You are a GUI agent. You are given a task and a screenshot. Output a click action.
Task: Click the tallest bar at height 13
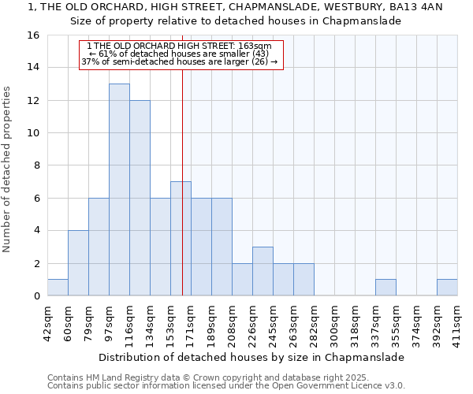click(x=119, y=189)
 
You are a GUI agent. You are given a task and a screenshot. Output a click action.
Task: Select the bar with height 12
click(x=140, y=198)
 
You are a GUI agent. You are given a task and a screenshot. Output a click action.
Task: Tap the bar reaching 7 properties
click(x=181, y=239)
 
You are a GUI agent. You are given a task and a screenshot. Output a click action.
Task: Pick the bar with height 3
click(x=263, y=271)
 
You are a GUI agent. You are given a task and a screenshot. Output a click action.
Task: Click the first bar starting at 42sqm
click(x=58, y=288)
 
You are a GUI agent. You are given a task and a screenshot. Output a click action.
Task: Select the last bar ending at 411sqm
click(x=447, y=288)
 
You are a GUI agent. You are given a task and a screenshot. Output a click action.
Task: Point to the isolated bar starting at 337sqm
click(x=385, y=288)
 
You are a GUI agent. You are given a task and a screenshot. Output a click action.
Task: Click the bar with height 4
click(x=78, y=263)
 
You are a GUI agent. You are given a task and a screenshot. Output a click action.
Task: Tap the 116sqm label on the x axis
click(x=129, y=322)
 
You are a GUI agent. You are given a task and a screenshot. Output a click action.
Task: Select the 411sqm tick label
click(x=457, y=322)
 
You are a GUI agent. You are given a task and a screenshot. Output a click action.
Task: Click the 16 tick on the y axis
click(x=34, y=35)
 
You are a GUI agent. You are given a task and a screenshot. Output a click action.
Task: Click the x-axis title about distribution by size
click(x=252, y=357)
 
